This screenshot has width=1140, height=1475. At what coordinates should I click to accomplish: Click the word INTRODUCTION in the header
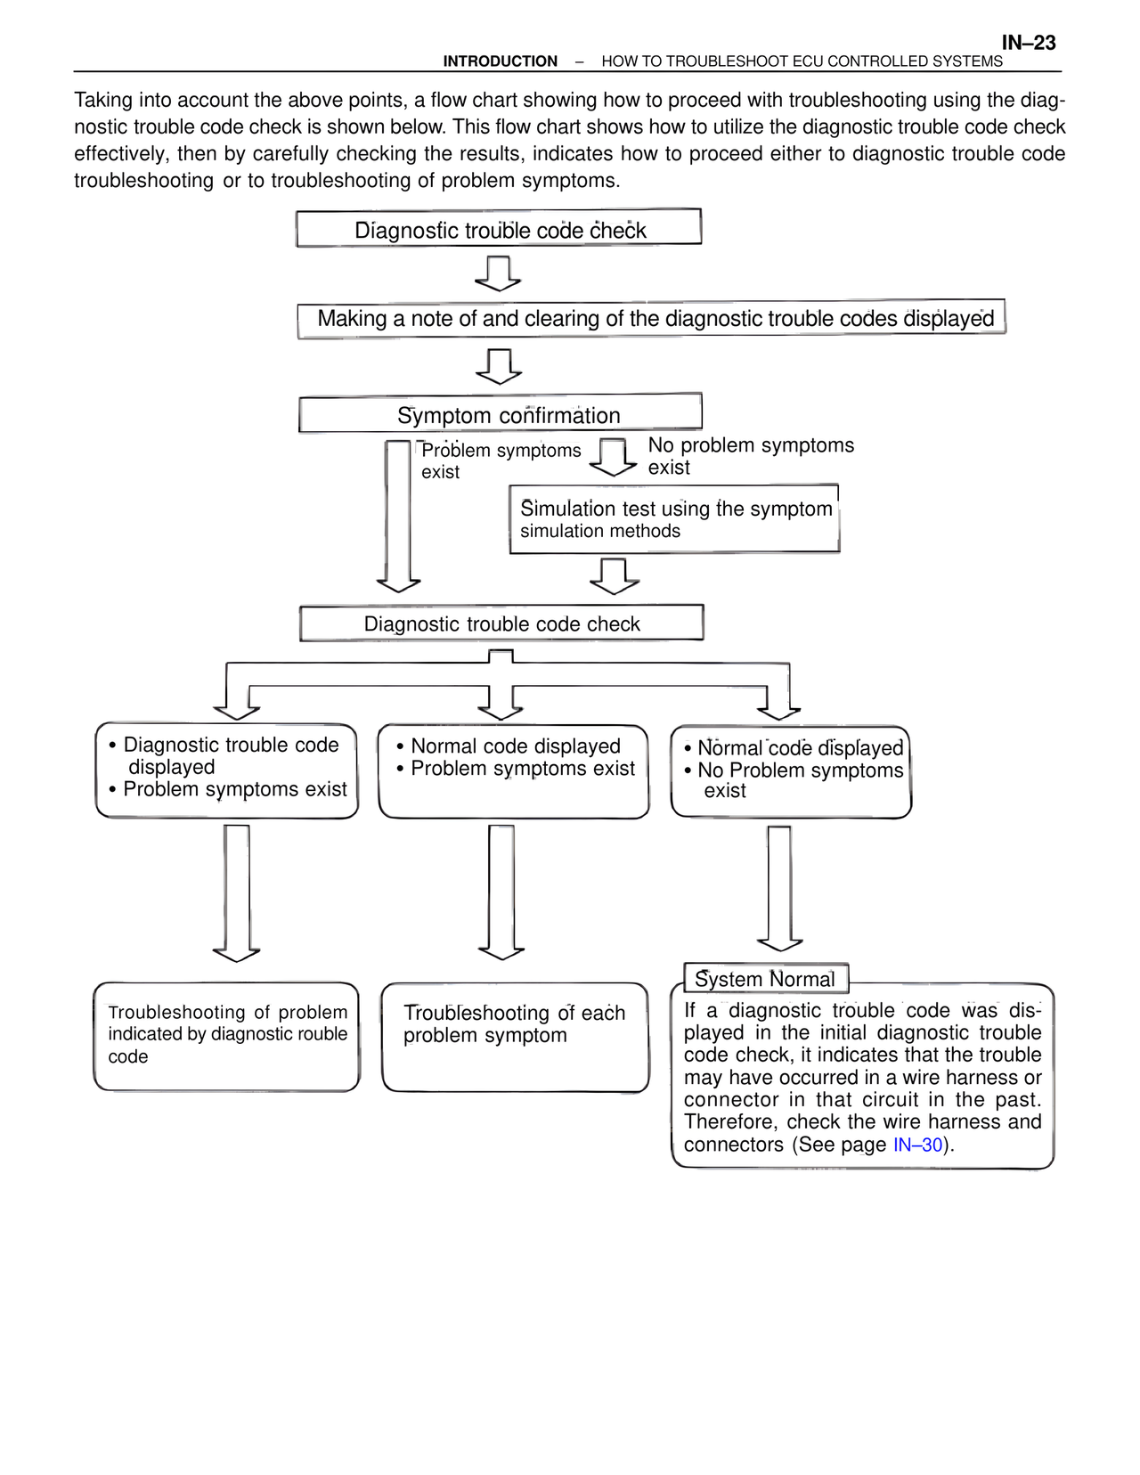pyautogui.click(x=501, y=61)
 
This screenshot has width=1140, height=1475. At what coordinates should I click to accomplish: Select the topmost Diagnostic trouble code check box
pyautogui.click(x=499, y=229)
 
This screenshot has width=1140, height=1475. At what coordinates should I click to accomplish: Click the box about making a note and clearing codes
pyautogui.click(x=652, y=318)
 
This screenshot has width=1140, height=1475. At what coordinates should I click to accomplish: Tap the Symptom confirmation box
pyautogui.click(x=501, y=414)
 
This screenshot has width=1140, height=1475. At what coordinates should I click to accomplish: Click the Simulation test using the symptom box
pyautogui.click(x=674, y=519)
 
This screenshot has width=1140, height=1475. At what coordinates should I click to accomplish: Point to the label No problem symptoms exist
pyautogui.click(x=750, y=456)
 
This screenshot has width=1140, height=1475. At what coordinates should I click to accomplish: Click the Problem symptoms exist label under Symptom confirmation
pyautogui.click(x=500, y=460)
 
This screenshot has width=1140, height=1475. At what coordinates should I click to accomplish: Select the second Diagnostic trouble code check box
pyautogui.click(x=501, y=623)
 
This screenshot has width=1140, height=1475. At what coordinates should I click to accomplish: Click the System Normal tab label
pyautogui.click(x=765, y=979)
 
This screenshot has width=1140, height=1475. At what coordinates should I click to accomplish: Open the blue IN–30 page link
pyautogui.click(x=917, y=1145)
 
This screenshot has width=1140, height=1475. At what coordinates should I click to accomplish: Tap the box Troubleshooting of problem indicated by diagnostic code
pyautogui.click(x=227, y=1037)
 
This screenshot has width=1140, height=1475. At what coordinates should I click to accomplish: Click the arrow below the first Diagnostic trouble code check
pyautogui.click(x=499, y=273)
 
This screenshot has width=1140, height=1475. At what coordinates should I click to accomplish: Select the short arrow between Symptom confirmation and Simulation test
pyautogui.click(x=614, y=457)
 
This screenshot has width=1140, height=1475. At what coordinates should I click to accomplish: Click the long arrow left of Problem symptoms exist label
pyautogui.click(x=398, y=516)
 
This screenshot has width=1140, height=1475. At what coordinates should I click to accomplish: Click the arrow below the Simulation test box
pyautogui.click(x=615, y=576)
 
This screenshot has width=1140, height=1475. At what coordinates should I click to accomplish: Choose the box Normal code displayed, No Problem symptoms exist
pyautogui.click(x=791, y=771)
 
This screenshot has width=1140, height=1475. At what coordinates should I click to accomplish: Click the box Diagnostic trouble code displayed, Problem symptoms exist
pyautogui.click(x=227, y=770)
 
